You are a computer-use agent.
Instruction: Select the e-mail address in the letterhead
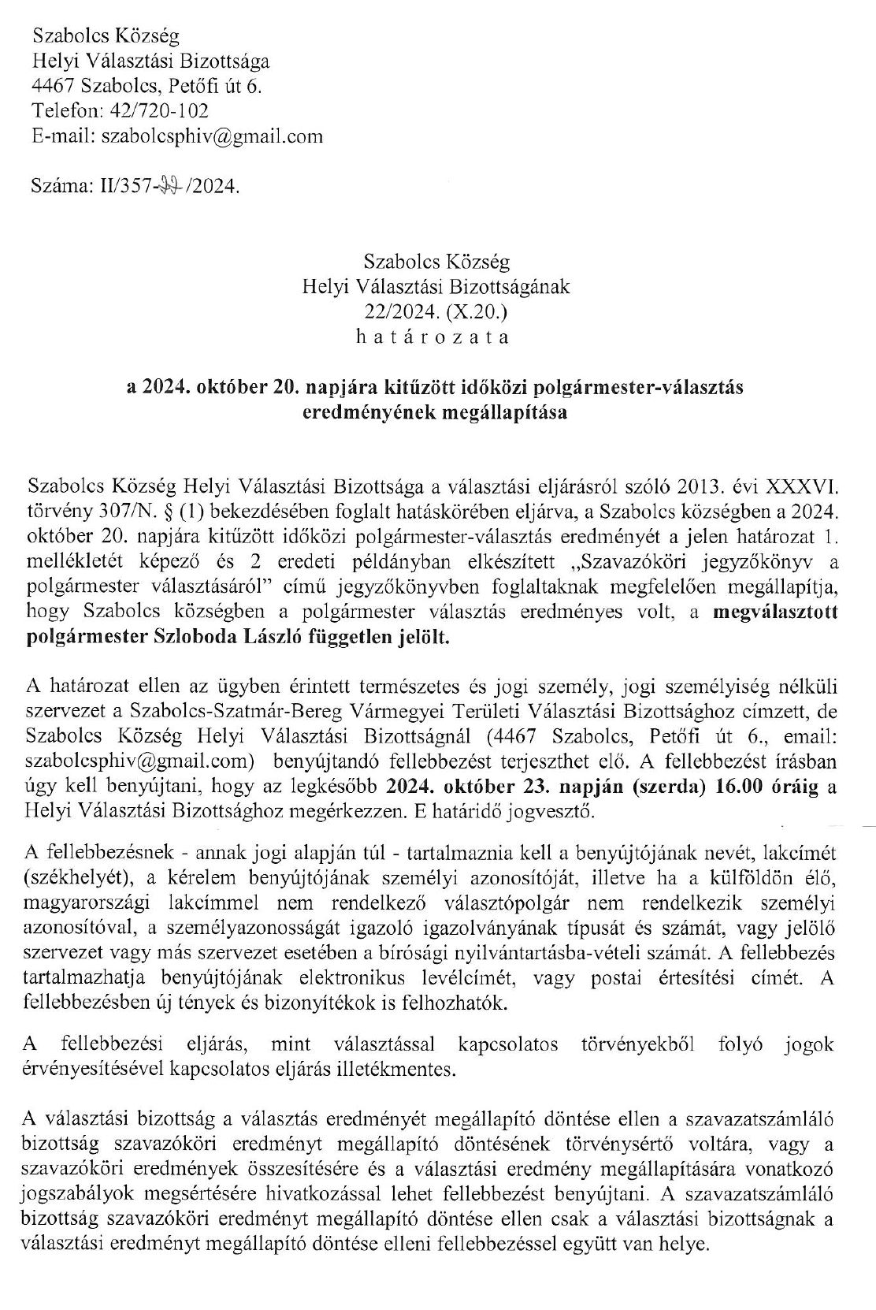[x=210, y=136]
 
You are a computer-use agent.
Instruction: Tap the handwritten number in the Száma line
[x=169, y=188]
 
